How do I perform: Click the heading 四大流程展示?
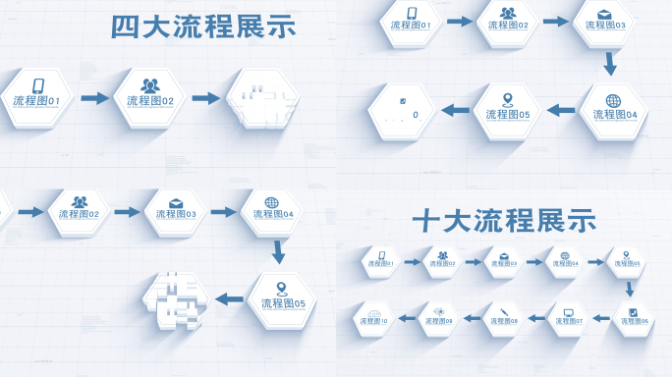point(202,27)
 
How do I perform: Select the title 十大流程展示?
point(504,221)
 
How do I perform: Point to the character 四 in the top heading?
point(125,27)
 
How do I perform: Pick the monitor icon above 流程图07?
point(569,312)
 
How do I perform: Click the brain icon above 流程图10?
point(373,311)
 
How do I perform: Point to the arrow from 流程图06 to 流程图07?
point(600,317)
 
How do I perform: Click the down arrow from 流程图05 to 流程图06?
point(630,289)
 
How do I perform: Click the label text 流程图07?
point(569,322)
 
